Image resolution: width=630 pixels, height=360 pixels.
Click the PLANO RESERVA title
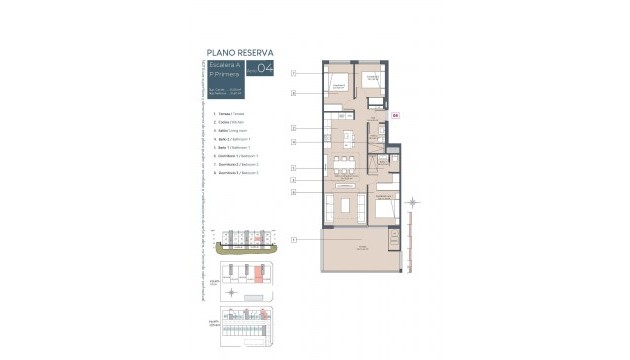[x=239, y=52]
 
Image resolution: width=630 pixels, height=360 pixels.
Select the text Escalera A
[x=222, y=65]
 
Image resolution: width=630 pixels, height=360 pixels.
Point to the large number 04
[x=265, y=69]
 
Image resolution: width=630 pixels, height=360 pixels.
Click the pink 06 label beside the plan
[x=395, y=115]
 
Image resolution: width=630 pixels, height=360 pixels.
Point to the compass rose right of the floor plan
[x=414, y=204]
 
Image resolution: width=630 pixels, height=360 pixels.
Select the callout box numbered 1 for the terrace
[x=293, y=240]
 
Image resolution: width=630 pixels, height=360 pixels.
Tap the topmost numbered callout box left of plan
[x=293, y=74]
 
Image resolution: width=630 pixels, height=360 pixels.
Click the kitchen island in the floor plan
[x=345, y=138]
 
